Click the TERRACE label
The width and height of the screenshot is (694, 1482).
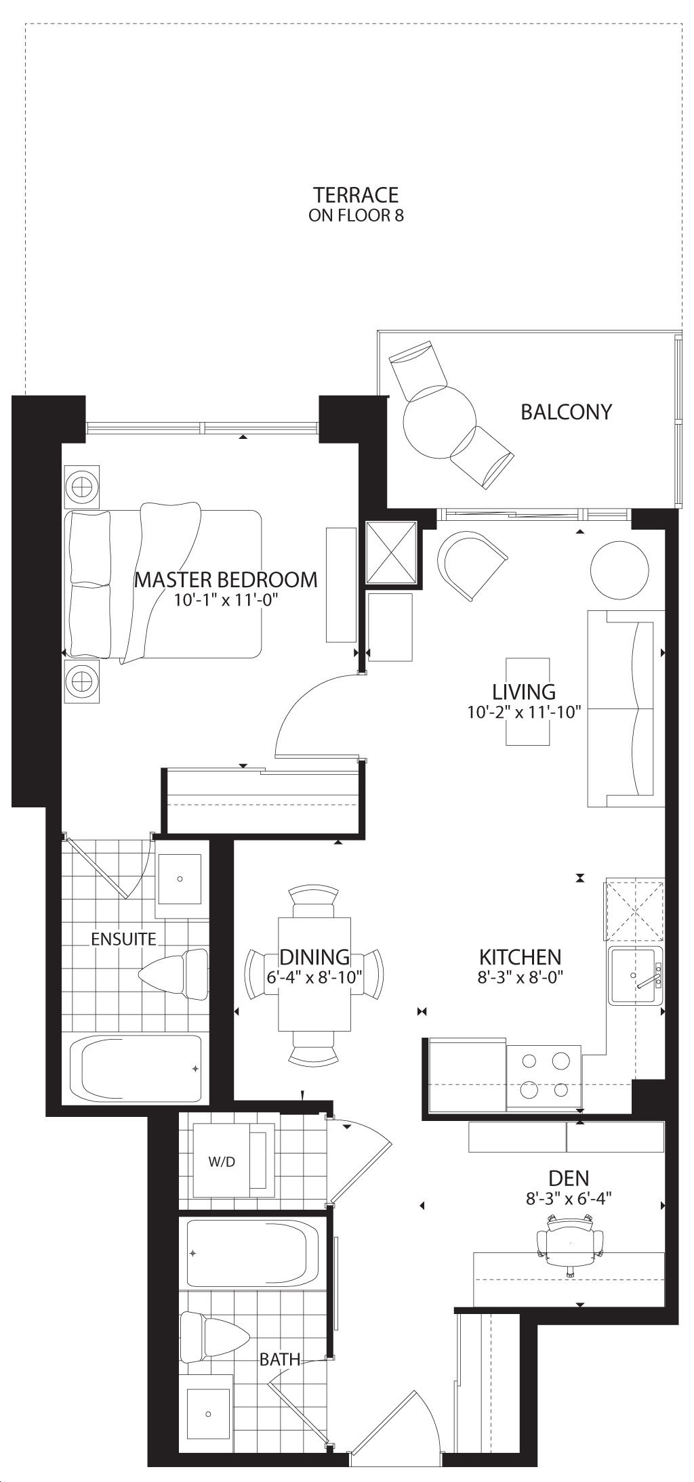356,195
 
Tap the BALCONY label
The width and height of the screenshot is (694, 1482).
566,412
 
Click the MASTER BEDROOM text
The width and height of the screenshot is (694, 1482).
226,580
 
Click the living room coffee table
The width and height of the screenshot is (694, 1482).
527,701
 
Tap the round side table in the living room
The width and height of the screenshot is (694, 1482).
619,570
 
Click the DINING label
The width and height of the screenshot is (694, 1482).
314,957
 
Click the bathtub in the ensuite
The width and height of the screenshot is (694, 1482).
136,1069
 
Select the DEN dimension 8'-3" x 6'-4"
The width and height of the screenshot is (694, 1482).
569,1198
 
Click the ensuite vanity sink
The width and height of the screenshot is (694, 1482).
180,878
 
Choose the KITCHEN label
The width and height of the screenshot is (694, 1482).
520,957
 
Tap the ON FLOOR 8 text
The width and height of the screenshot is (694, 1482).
356,216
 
